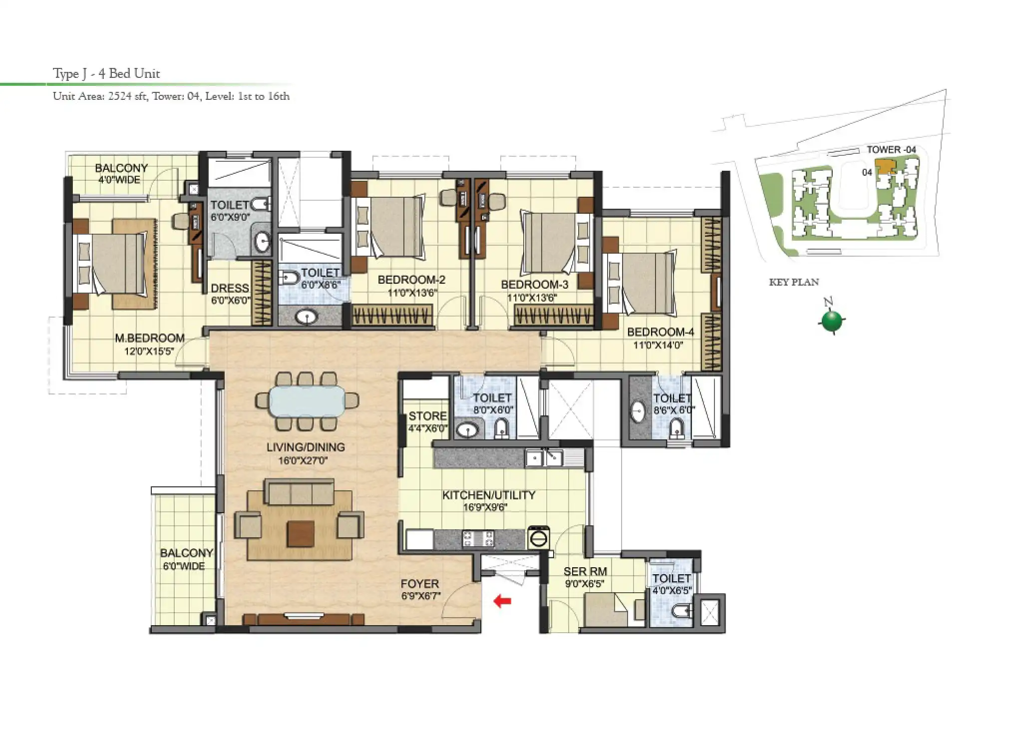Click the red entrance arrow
502,601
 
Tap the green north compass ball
831,321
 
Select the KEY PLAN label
794,282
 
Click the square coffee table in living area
301,533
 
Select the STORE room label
427,416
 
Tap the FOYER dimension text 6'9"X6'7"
420,596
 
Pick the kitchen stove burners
478,539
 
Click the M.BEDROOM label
150,338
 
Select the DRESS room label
230,288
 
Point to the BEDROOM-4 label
660,332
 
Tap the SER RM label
585,572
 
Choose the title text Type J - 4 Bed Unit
106,74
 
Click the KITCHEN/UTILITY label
489,495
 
